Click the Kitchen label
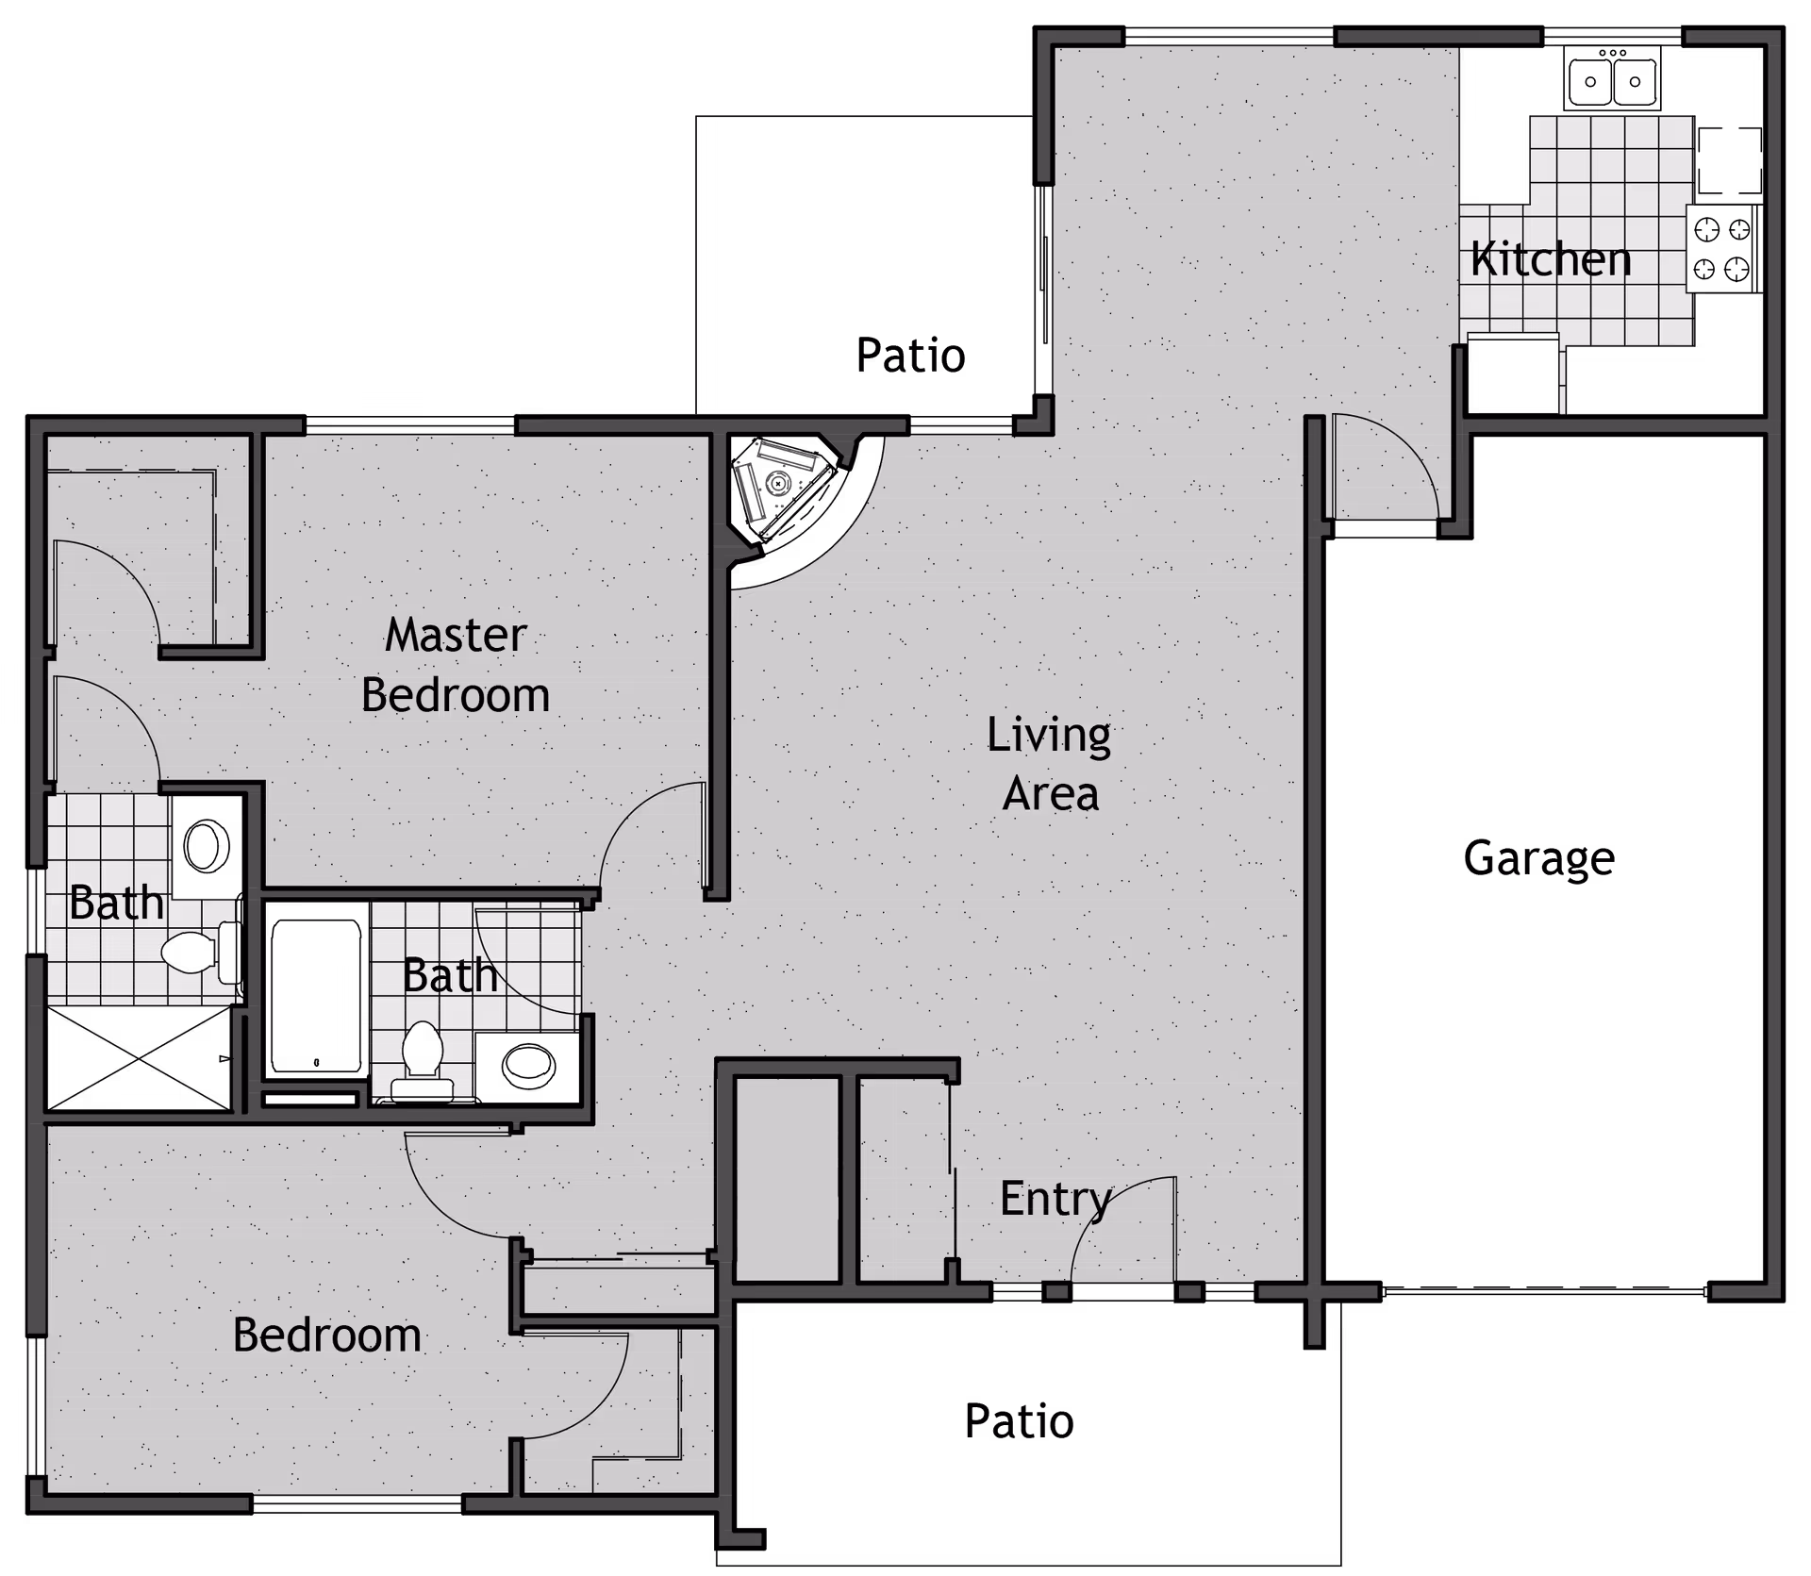(1551, 259)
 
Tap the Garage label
(1538, 858)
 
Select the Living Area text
(1049, 764)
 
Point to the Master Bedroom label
(456, 665)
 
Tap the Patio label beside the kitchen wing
(910, 356)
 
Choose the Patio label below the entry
(1019, 1421)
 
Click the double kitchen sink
(1613, 80)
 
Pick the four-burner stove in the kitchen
(1722, 249)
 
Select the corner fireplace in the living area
(781, 488)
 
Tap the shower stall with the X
(139, 1058)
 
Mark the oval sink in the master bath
(207, 845)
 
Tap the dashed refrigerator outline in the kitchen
(1730, 160)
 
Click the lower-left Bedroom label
(326, 1335)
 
